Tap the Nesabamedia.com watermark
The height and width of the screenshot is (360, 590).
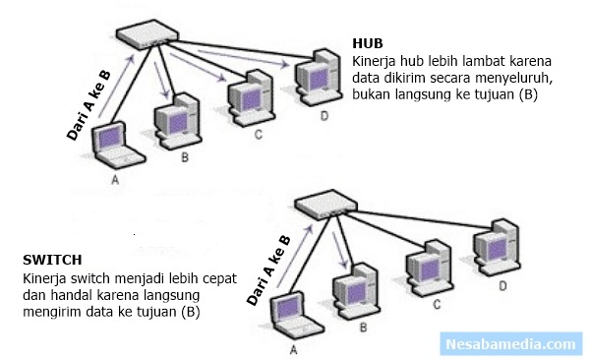pos(509,343)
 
